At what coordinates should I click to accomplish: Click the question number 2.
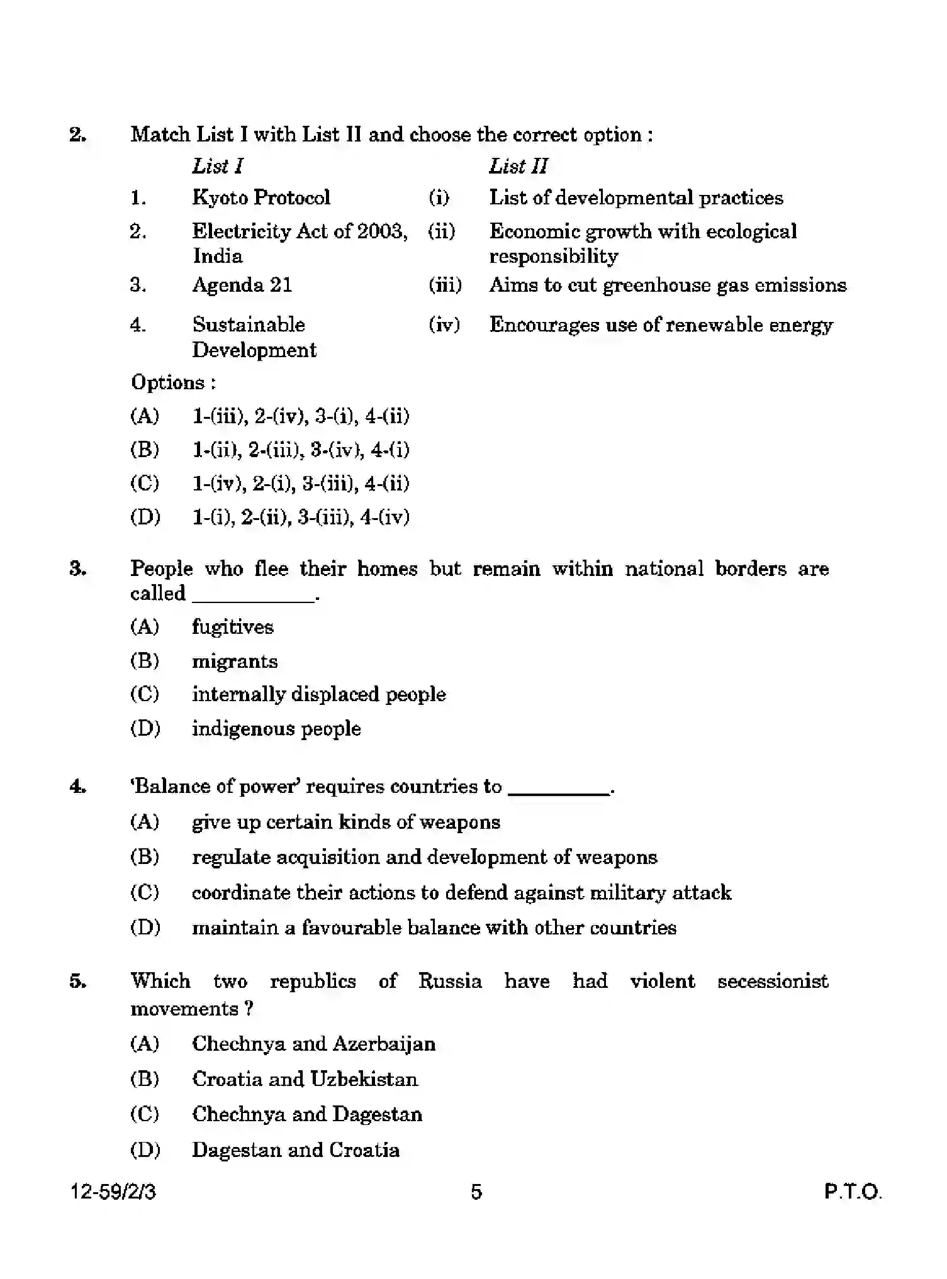[x=77, y=135]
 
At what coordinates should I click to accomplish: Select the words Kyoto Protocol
[x=261, y=197]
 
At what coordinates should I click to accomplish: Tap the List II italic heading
[x=518, y=166]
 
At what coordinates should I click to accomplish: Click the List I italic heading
[x=217, y=166]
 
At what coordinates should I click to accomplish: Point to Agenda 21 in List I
[x=242, y=285]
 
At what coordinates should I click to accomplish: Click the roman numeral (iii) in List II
[x=445, y=285]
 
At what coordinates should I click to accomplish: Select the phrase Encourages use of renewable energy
[x=661, y=324]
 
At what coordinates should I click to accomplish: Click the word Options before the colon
[x=167, y=382]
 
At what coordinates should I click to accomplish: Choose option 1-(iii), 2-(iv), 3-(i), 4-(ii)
[x=301, y=416]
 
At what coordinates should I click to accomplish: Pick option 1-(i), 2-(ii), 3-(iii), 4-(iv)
[x=301, y=517]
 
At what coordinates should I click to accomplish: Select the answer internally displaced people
[x=319, y=694]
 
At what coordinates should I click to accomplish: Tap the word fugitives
[x=233, y=627]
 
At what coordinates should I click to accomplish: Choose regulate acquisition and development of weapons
[x=424, y=857]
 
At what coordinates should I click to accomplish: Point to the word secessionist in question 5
[x=773, y=981]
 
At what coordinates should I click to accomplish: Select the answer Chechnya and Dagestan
[x=307, y=1114]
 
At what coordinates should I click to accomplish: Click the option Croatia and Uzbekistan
[x=305, y=1079]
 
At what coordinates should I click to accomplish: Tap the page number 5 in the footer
[x=476, y=1192]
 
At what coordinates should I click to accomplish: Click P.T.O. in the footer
[x=853, y=1192]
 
